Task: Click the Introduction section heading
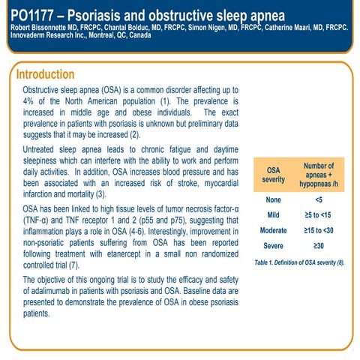[x=45, y=75]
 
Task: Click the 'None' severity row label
[x=273, y=199]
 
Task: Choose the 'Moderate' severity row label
[x=273, y=230]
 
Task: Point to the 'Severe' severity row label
[x=273, y=246]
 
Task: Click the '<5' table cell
[x=319, y=199]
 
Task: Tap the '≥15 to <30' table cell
[x=319, y=230]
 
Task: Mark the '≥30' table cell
[x=319, y=246]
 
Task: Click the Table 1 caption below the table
[x=299, y=262]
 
